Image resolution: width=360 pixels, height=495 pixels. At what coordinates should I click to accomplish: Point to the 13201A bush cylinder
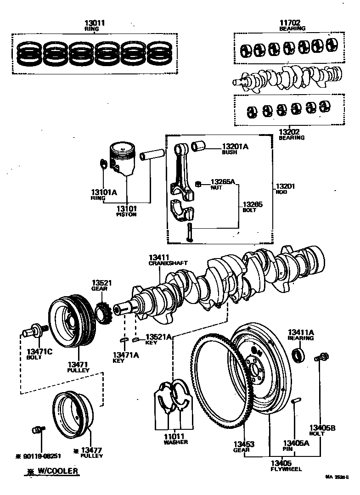click(x=199, y=146)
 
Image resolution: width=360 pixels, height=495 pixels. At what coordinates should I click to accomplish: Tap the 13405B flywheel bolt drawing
click(x=321, y=357)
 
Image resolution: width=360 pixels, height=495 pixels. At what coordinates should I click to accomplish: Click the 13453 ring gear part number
click(x=243, y=444)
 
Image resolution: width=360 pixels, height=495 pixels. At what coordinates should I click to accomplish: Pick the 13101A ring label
click(x=104, y=192)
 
